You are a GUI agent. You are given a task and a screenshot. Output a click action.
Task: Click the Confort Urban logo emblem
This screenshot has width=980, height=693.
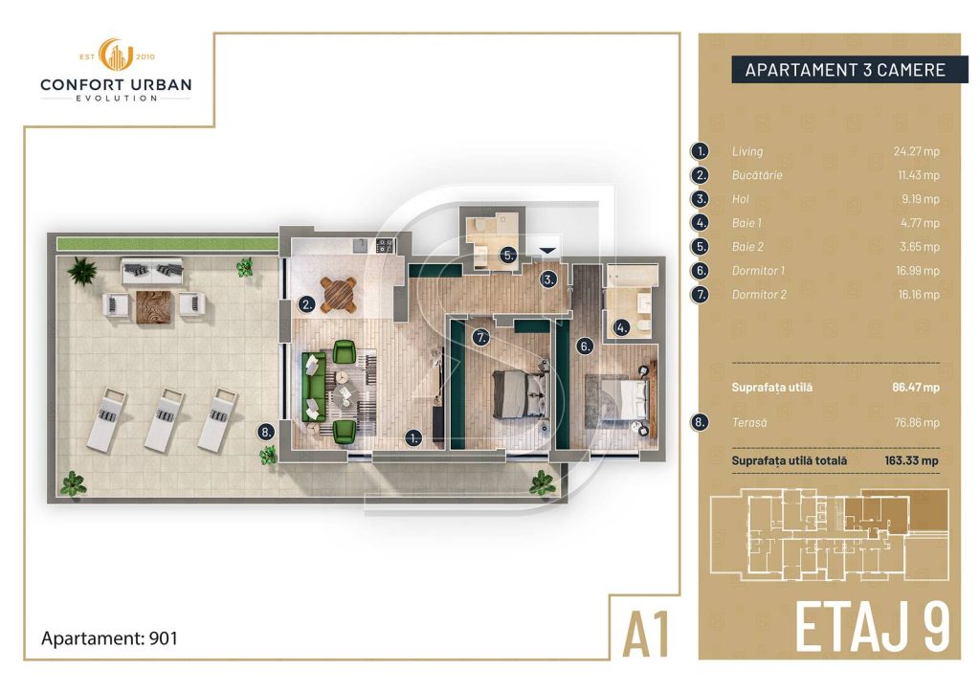116,55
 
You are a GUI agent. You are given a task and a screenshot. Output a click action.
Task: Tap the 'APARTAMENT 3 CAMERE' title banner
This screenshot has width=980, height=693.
845,69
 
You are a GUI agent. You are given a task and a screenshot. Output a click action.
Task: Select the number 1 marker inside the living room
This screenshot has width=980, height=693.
412,438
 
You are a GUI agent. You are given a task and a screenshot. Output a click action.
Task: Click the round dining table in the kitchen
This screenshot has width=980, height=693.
339,295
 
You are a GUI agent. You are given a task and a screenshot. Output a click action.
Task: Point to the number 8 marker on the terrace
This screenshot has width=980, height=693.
266,432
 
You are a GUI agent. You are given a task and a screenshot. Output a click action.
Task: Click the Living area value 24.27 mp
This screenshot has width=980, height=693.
916,151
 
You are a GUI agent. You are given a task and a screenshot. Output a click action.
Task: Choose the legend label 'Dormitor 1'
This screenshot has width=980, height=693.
758,271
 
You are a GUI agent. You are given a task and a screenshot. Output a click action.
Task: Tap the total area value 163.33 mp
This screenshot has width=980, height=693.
911,460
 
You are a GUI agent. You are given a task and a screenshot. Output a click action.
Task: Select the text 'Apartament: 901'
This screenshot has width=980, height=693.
109,638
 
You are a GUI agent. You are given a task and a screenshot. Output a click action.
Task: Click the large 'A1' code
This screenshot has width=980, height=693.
646,634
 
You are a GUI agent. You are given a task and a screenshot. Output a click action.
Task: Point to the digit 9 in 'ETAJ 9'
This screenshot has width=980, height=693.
932,626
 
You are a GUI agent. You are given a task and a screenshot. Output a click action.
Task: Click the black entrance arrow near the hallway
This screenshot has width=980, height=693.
546,251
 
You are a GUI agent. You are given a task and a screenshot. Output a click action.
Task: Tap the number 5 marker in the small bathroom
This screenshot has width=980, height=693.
509,255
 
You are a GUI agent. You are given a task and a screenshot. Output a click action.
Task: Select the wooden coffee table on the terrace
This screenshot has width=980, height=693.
153,307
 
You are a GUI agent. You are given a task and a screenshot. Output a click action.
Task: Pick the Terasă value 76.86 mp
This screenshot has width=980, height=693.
917,422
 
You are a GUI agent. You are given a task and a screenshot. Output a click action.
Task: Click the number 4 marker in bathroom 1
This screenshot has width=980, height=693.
620,327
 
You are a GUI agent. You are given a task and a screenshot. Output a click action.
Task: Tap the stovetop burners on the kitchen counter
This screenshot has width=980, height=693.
385,246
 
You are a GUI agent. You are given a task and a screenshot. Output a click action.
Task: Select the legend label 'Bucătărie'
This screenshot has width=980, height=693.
757,175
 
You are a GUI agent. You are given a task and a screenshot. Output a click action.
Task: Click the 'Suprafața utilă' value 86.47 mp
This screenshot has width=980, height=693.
916,388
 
